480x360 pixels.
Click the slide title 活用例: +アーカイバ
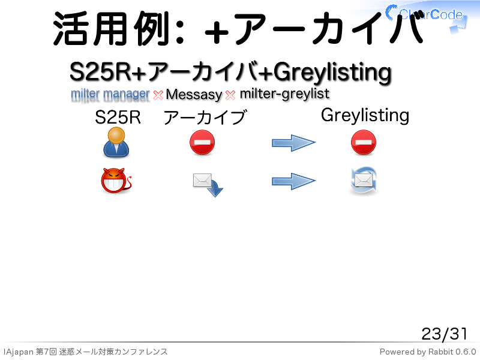click(239, 28)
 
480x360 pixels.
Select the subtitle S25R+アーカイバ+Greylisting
click(230, 72)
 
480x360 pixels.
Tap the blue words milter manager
click(110, 94)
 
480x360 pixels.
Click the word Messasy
click(194, 94)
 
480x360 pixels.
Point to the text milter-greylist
click(284, 94)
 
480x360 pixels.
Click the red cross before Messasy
click(158, 95)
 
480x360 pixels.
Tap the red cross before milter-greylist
click(230, 95)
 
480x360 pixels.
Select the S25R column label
click(118, 117)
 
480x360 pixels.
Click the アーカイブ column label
click(205, 118)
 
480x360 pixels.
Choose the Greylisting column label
click(365, 116)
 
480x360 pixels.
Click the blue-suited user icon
click(116, 142)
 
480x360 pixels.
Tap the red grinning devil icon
click(116, 181)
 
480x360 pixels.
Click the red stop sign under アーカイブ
click(202, 142)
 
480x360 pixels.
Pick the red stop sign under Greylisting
click(364, 142)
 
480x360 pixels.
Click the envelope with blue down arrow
click(208, 185)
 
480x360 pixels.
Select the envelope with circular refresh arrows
click(364, 181)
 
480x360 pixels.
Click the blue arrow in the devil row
click(293, 181)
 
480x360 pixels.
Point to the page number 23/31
click(444, 334)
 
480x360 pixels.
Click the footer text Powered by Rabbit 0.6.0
click(428, 352)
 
